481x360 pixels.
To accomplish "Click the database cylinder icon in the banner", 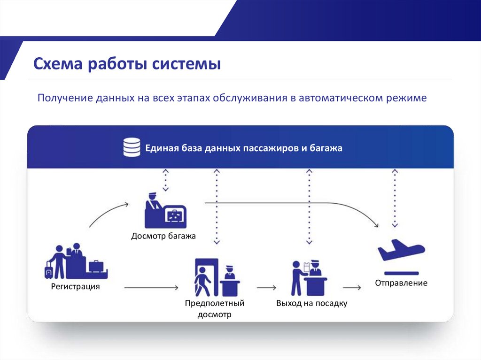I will pyautogui.click(x=132, y=147).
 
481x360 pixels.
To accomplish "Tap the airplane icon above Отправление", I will pyautogui.click(x=401, y=251).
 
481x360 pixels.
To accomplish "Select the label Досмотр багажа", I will pyautogui.click(x=163, y=236).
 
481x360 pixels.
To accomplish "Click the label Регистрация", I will pyautogui.click(x=76, y=286).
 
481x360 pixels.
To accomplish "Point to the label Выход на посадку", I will pyautogui.click(x=311, y=303).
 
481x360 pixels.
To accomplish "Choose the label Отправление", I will pyautogui.click(x=401, y=283).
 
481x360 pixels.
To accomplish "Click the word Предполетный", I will pyautogui.click(x=215, y=303).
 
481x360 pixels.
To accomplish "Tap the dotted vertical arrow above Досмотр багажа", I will pyautogui.click(x=165, y=180).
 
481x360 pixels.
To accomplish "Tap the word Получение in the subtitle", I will pyautogui.click(x=65, y=99).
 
